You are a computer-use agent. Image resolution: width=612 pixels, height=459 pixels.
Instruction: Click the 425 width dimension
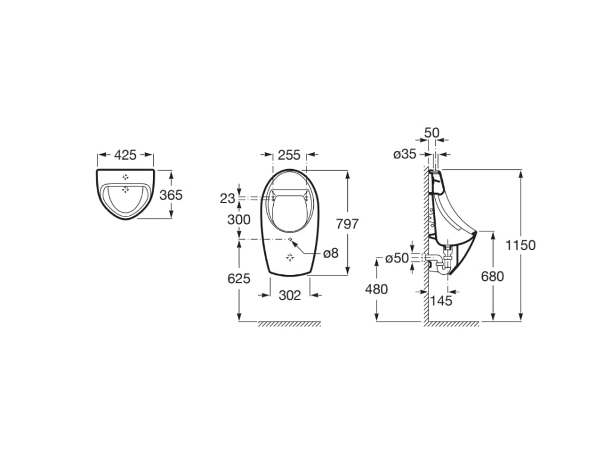126,155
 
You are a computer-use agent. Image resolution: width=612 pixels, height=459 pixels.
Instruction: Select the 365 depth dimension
171,195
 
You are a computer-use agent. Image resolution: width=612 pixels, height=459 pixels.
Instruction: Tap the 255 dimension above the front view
289,155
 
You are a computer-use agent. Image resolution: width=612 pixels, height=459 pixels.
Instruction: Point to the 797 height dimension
347,224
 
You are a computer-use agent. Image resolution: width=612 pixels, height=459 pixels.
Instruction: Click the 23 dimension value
227,198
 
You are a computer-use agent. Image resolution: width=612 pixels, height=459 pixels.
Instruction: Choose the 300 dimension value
238,219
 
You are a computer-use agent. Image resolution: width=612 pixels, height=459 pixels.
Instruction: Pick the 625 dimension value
238,278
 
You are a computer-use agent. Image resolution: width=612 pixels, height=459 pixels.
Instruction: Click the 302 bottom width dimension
289,295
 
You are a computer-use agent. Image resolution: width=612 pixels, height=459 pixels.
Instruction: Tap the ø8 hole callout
331,253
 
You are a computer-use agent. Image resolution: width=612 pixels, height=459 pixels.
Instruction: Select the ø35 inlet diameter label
404,154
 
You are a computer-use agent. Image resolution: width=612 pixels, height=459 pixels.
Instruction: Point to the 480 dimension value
376,289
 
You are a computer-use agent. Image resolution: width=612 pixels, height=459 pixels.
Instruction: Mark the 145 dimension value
441,301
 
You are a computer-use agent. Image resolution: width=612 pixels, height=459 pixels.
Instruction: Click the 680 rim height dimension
492,276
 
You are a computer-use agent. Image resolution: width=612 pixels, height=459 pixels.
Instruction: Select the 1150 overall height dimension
521,245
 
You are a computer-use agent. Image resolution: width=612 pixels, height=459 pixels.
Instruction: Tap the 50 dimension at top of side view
432,131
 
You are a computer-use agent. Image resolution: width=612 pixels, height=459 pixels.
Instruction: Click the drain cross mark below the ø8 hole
290,257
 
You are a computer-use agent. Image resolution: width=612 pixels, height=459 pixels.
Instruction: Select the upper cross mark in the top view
126,177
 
